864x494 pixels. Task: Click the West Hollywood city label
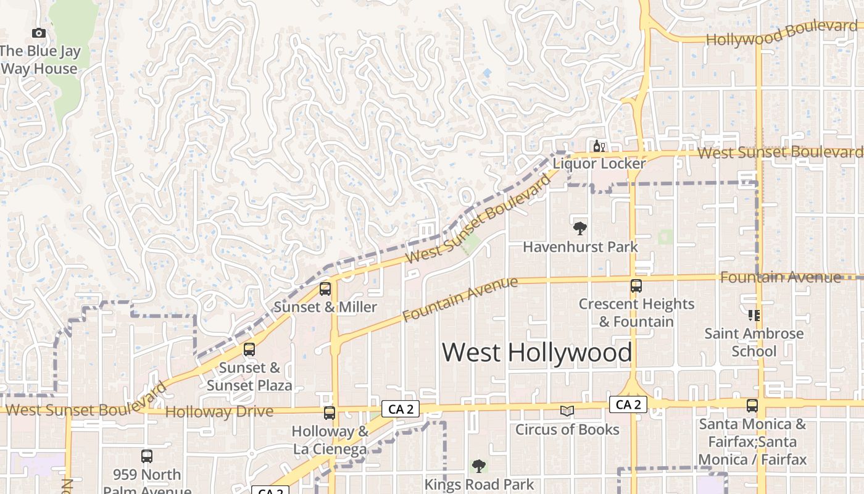coord(537,353)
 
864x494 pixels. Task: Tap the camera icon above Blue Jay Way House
coord(39,33)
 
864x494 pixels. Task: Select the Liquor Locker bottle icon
coord(597,146)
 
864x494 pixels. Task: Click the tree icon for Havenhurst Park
coord(579,228)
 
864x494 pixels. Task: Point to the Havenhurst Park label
coord(580,247)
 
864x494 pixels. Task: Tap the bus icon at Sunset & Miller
coord(325,289)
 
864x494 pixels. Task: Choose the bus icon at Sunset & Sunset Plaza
coord(249,350)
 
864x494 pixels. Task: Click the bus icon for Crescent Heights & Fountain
coord(636,286)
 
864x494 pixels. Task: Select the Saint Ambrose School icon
coord(754,316)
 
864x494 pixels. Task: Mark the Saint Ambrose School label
coord(754,343)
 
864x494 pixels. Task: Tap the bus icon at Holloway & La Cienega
coord(330,413)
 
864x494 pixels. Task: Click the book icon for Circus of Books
coord(567,411)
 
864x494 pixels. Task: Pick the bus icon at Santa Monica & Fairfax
coord(752,406)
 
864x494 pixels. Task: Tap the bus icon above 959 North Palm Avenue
coord(147,456)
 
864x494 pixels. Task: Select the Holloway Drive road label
coord(219,412)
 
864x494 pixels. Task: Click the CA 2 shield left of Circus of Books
coord(401,408)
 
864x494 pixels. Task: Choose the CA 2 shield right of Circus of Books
coord(628,404)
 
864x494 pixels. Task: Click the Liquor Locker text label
coord(599,164)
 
